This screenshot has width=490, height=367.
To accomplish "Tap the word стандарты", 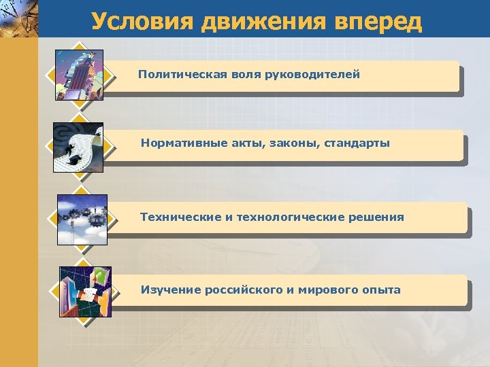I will click(357, 143).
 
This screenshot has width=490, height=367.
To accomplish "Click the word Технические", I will click(180, 217).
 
